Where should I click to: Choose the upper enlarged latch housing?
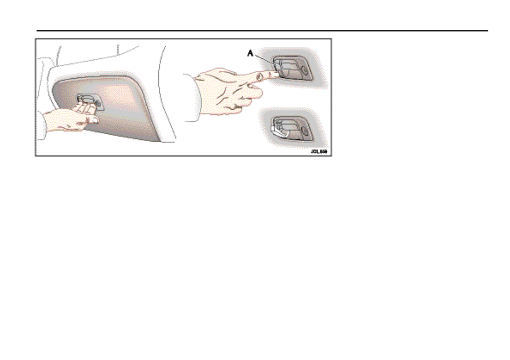[292, 69]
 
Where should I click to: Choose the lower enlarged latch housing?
[292, 129]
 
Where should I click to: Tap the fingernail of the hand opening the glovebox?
[93, 119]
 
